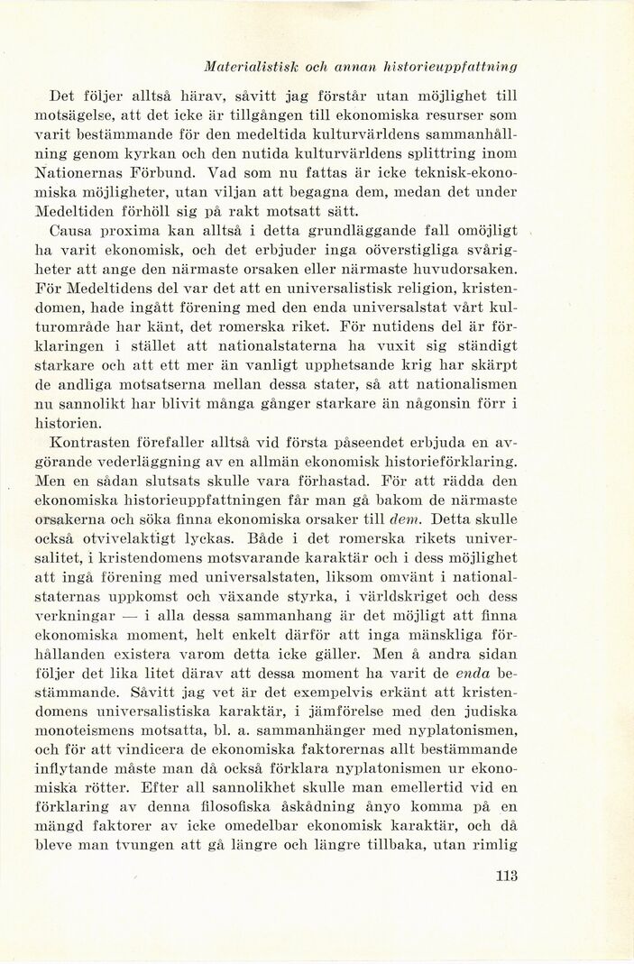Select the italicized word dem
click(x=404, y=519)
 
